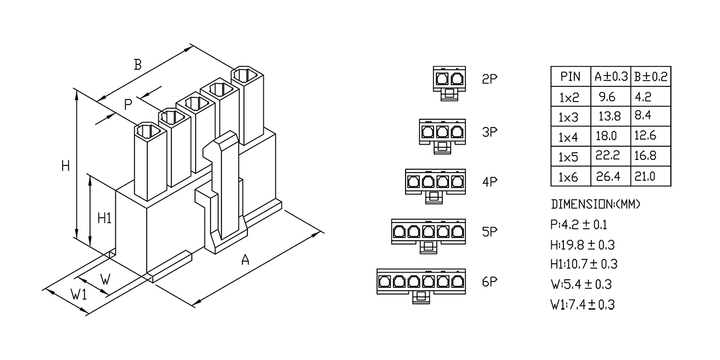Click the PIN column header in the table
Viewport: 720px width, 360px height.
[571, 76]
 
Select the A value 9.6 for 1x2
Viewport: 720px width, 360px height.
[607, 97]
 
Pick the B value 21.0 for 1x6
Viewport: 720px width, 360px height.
[645, 176]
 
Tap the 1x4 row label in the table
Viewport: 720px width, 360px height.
[568, 137]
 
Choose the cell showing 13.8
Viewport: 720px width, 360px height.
[610, 116]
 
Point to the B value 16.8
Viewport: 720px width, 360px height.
[645, 156]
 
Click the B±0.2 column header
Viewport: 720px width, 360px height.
[651, 76]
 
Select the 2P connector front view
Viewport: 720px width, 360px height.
[450, 84]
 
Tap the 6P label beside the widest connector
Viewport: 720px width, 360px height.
[490, 282]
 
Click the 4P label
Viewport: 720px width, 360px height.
[490, 181]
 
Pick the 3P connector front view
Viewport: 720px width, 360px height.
[442, 136]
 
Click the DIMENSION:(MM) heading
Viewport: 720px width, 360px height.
[596, 204]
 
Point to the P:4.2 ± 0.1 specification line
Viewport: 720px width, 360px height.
[579, 225]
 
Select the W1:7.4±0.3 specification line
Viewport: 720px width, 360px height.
[583, 304]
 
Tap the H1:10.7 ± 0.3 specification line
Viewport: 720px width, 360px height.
[584, 264]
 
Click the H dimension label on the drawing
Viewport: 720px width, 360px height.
[65, 166]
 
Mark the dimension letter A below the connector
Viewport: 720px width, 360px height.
[245, 260]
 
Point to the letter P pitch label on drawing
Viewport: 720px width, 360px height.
[128, 104]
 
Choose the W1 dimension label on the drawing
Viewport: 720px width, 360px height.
[79, 294]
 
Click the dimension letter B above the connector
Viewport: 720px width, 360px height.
[137, 65]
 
